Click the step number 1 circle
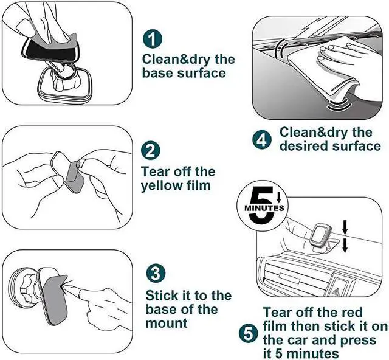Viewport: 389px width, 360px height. (153, 39)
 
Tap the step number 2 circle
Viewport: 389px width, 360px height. (150, 151)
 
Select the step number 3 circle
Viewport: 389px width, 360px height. (156, 274)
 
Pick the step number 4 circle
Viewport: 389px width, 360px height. (262, 140)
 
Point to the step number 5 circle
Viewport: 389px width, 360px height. (249, 334)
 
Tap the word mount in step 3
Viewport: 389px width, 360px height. (167, 324)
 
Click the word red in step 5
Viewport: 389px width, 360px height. (352, 313)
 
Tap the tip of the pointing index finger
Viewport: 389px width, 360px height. (64, 287)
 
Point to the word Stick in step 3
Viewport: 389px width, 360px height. (162, 296)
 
